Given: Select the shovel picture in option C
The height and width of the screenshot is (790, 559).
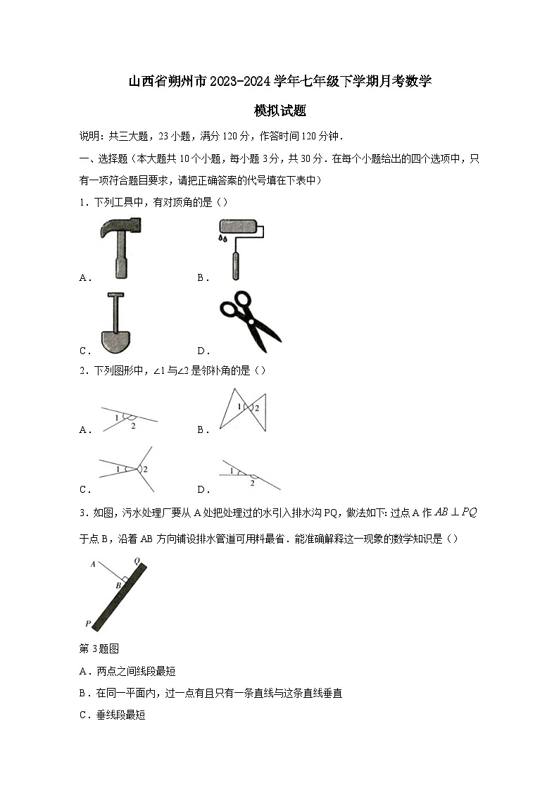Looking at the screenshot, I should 116,323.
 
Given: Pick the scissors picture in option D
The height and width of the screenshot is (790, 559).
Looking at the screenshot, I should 250,320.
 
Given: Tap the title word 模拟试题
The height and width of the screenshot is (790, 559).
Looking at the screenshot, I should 279,111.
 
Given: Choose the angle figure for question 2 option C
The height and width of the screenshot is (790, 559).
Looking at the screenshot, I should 127,469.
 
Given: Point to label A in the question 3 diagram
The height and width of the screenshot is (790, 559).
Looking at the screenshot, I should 92,563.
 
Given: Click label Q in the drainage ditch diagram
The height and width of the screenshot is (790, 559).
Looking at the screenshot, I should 137,560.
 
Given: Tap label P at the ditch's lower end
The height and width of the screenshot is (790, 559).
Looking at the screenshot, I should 88,623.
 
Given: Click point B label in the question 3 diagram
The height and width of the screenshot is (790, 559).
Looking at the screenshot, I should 118,585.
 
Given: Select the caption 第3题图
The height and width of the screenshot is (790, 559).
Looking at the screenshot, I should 99,649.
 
